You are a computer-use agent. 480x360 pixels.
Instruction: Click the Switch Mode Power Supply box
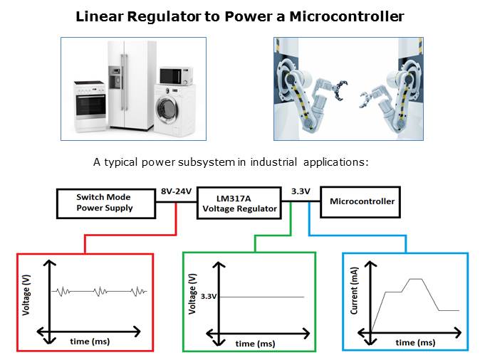105,203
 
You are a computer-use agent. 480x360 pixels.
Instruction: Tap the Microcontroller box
362,201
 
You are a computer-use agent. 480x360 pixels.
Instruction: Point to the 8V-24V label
176,191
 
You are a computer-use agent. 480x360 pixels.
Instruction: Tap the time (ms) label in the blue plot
416,342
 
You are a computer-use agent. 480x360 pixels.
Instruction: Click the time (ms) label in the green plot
256,344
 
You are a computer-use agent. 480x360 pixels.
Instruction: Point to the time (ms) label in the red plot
90,342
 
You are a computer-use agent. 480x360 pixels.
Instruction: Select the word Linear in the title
102,15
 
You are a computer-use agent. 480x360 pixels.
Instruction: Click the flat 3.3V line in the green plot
264,296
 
